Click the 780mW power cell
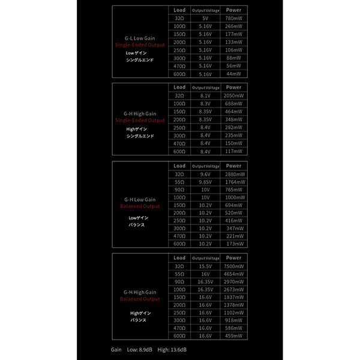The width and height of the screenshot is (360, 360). point(233,19)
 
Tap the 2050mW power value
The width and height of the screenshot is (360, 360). point(233,95)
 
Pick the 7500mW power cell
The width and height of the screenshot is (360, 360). point(233,266)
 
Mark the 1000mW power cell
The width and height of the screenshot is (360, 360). point(233,197)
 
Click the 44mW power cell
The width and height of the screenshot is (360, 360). point(233,74)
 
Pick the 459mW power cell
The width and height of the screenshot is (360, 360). point(233,335)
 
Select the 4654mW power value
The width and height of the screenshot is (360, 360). point(233,274)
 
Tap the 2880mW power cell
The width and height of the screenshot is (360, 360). point(233,174)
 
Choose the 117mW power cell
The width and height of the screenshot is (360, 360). point(233,151)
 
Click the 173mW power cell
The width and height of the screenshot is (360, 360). point(233,244)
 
